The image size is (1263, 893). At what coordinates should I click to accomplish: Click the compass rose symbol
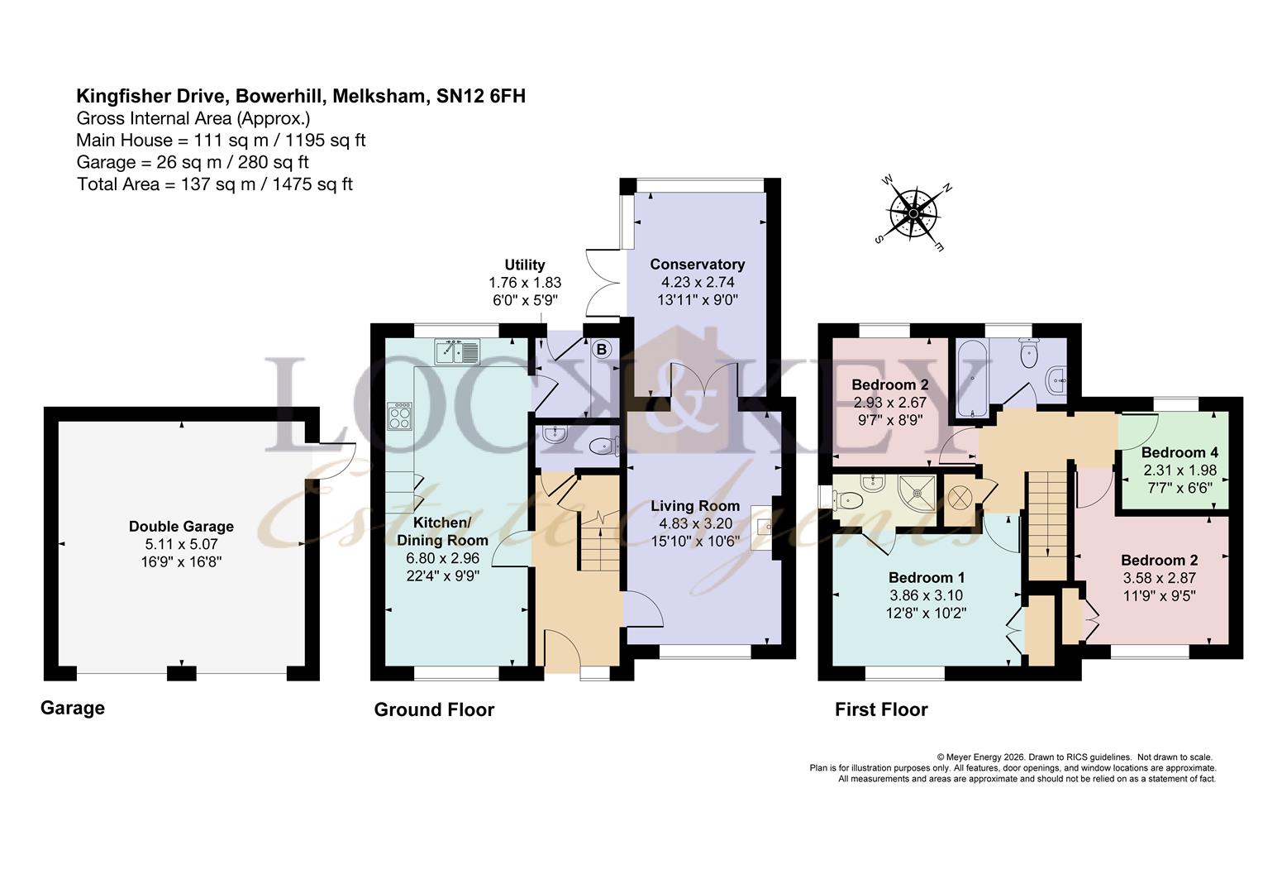[913, 214]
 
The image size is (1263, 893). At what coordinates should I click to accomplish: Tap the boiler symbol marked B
[602, 350]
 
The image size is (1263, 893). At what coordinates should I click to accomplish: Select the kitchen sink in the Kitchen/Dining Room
[457, 351]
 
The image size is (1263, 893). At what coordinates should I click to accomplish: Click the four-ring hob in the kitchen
[399, 417]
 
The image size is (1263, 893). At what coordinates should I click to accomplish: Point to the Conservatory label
[698, 264]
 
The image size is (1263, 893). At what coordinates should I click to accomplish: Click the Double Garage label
[181, 527]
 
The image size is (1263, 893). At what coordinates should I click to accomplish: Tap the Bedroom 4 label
[1180, 451]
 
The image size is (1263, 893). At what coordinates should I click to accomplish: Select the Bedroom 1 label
[927, 577]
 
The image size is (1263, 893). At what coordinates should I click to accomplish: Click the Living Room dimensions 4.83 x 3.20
[695, 523]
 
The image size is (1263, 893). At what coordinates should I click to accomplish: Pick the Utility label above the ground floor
[524, 265]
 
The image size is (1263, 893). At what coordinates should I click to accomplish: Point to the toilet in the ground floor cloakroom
[604, 446]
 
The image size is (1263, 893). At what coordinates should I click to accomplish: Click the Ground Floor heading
[434, 709]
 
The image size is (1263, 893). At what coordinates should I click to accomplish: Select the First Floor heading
[881, 709]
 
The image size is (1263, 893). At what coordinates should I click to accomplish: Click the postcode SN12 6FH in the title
[481, 96]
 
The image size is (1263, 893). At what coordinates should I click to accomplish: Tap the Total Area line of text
[215, 184]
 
